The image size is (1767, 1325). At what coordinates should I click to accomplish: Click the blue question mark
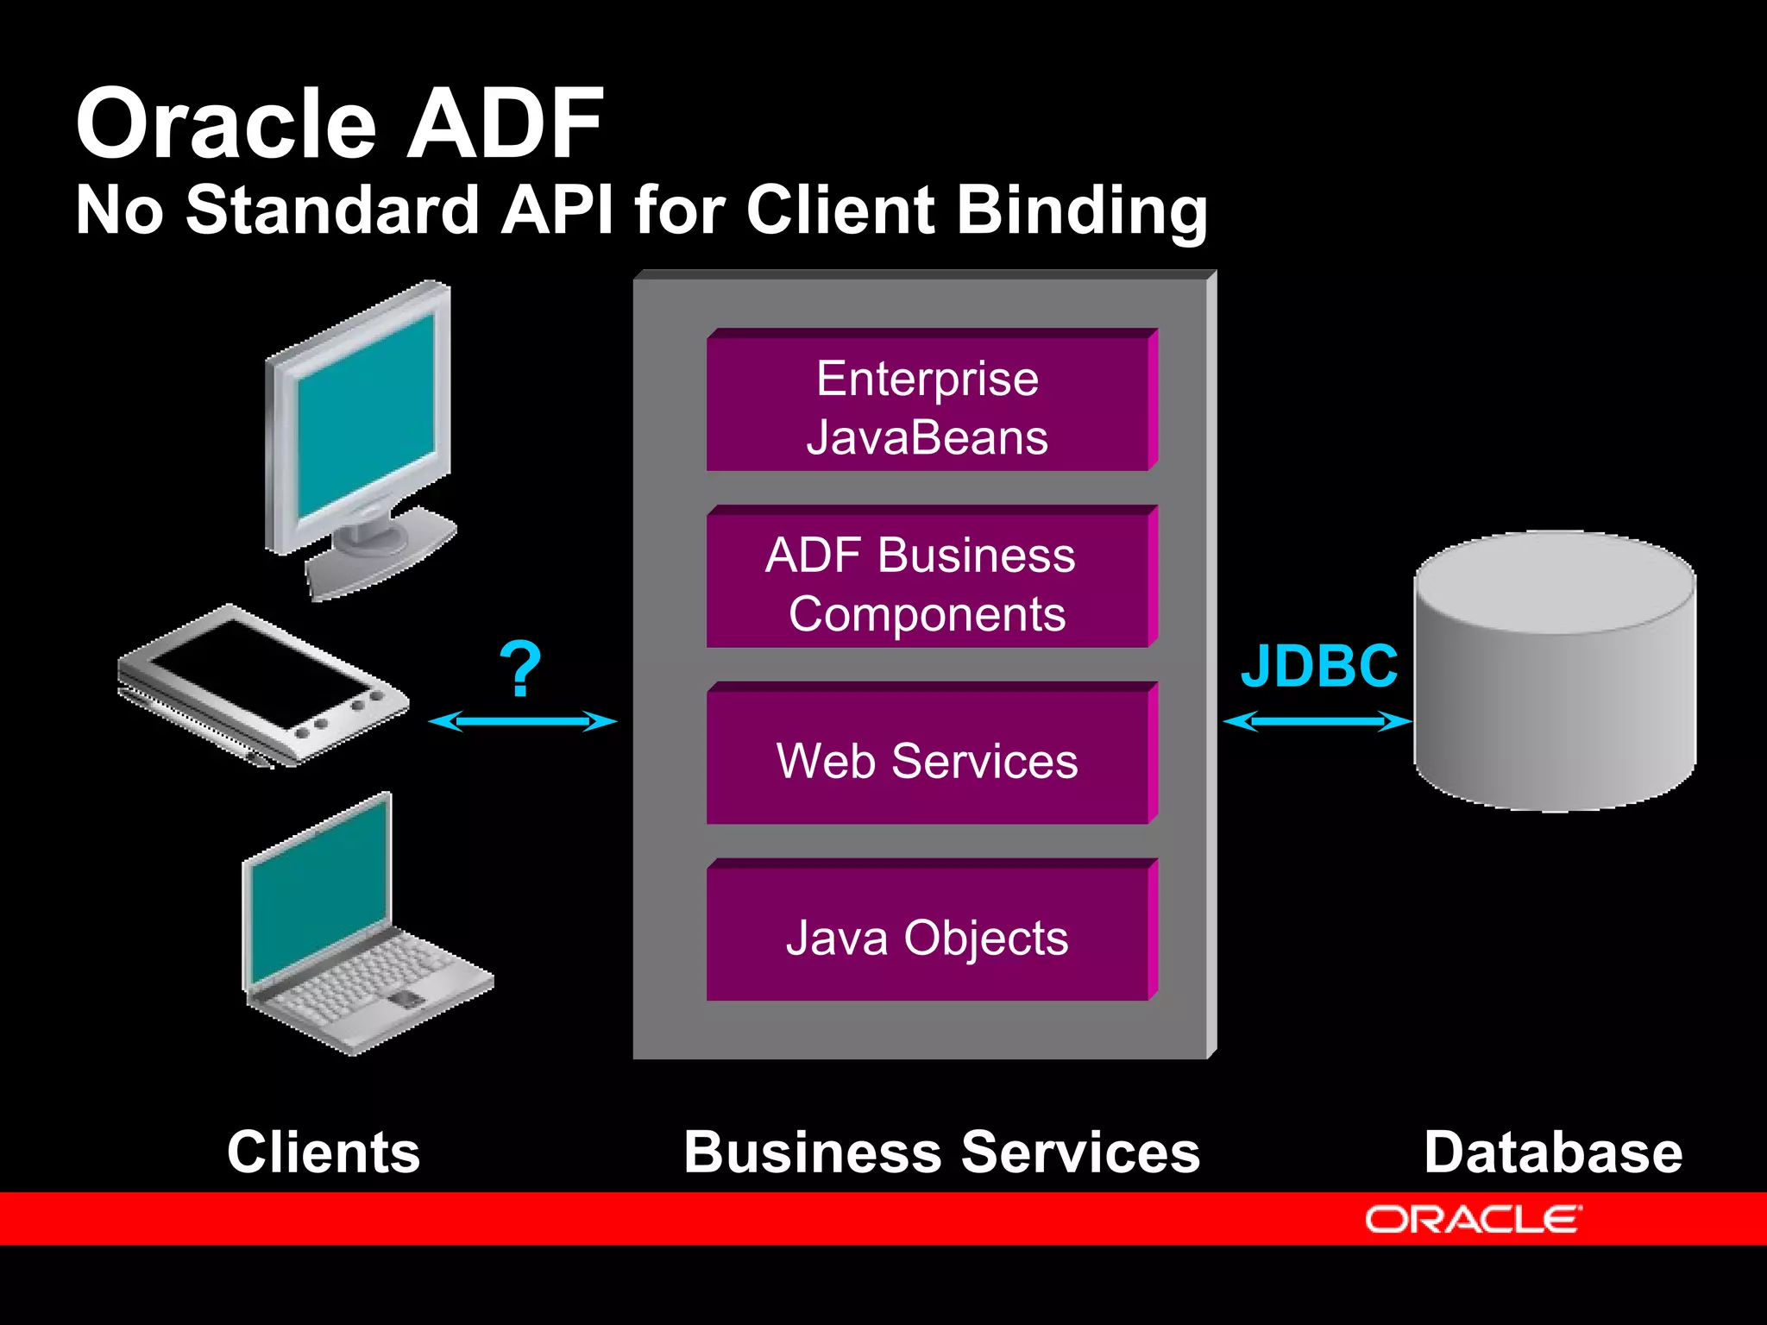click(520, 669)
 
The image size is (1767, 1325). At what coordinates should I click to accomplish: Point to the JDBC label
click(1318, 667)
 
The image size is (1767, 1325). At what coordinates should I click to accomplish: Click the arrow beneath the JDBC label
click(1317, 721)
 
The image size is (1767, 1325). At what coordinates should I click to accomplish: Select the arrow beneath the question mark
click(522, 721)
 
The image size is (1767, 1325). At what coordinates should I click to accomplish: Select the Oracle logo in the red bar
click(1472, 1220)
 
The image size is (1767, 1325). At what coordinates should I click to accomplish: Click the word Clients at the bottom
click(324, 1152)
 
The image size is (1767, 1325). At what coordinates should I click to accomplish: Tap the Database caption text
click(1552, 1152)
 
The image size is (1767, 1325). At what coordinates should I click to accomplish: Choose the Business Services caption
click(941, 1152)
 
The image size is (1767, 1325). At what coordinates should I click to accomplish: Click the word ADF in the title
click(505, 125)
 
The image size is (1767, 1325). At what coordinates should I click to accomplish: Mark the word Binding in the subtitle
click(1082, 211)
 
